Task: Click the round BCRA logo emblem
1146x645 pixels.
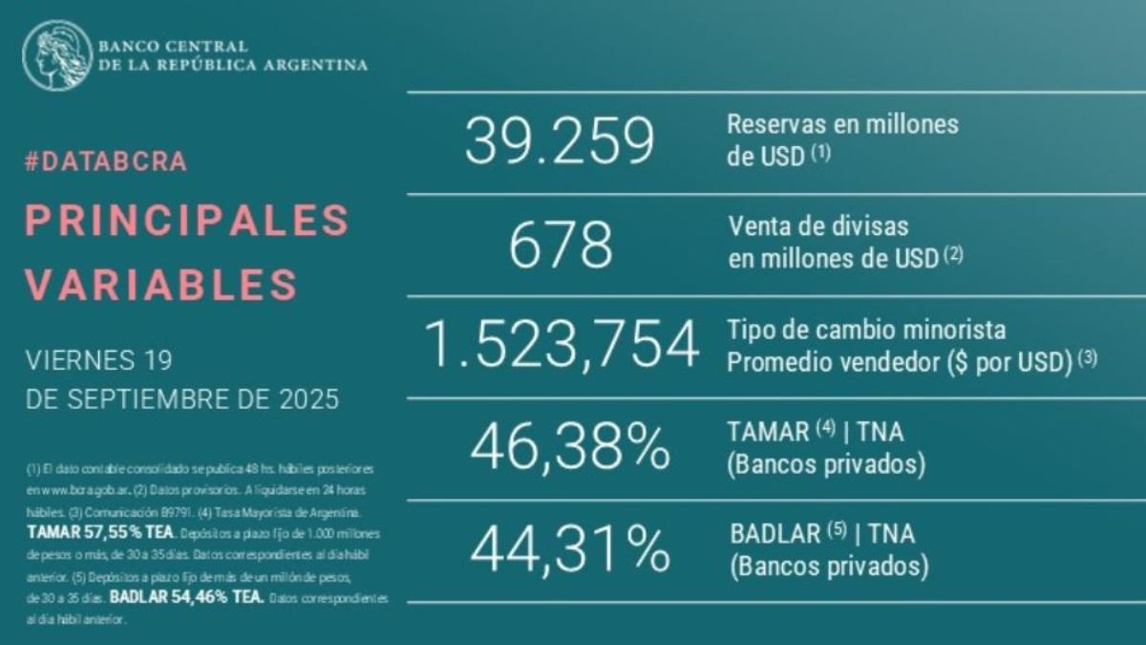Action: (57, 55)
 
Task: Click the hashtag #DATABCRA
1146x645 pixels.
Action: (105, 161)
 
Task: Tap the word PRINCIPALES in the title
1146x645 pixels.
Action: (186, 222)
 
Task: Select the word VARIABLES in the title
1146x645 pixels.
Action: (160, 283)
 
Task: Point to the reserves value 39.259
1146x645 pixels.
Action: (560, 141)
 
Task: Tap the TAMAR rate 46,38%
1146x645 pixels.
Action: (567, 446)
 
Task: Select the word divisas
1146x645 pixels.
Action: (871, 227)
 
